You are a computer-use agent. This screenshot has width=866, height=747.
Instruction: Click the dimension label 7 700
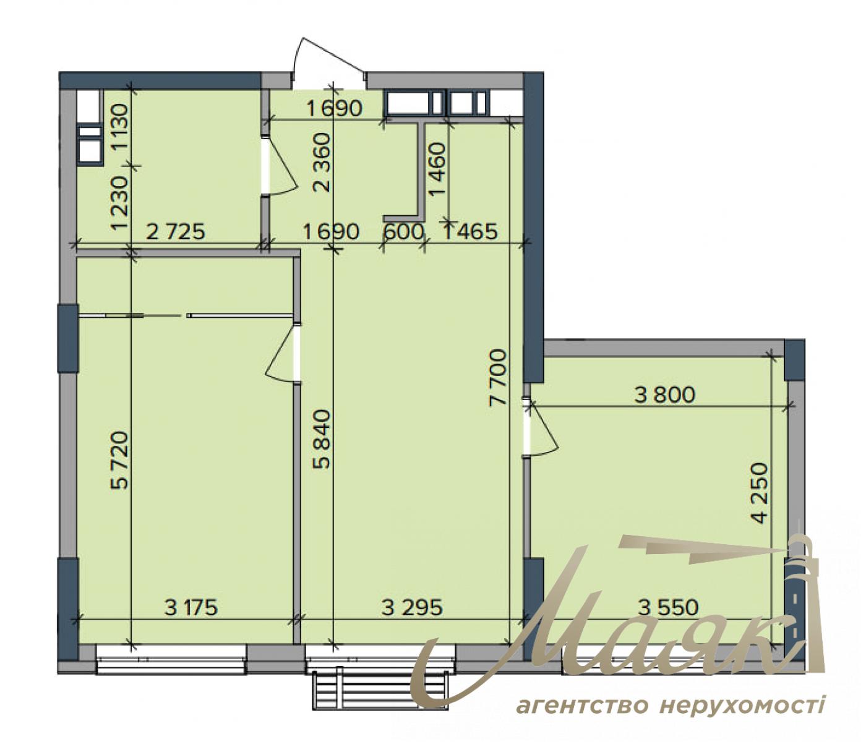click(x=497, y=377)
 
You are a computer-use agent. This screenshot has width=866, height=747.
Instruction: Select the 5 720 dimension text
click(x=120, y=461)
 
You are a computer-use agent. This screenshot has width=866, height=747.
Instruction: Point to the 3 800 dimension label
click(x=665, y=395)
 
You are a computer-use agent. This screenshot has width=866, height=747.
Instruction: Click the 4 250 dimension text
click(x=761, y=493)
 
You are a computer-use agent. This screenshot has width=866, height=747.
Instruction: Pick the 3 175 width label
click(x=192, y=607)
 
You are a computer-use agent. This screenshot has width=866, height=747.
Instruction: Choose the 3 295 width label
click(x=412, y=607)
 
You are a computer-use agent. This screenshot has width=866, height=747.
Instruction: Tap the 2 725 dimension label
click(x=175, y=232)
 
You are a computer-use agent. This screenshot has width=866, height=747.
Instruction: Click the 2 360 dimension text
click(x=322, y=162)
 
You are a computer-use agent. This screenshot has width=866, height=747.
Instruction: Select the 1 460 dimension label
click(x=437, y=169)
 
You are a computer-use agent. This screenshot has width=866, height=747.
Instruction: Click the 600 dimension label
click(x=403, y=232)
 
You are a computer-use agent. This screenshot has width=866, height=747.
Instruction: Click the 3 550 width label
click(x=668, y=607)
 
